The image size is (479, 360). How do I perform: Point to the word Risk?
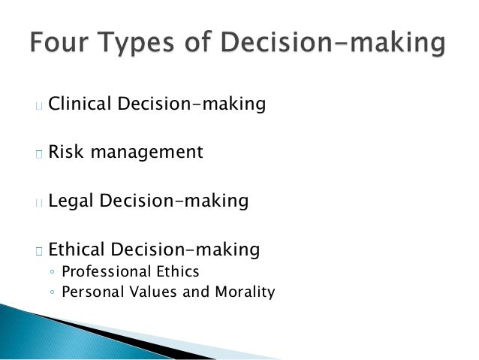click(65, 152)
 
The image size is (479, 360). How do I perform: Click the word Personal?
click(92, 292)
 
